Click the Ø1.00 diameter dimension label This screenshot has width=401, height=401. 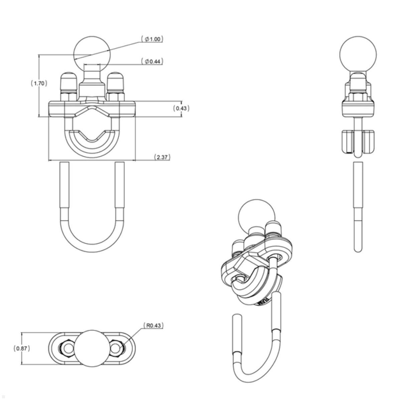pos(152,39)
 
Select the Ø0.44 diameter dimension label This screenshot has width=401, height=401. pos(152,61)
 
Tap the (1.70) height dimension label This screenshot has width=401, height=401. pos(39,83)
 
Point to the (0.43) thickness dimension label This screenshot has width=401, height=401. pos(181,108)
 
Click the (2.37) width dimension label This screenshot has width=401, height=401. pos(162,157)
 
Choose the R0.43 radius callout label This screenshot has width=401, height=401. pos(153,325)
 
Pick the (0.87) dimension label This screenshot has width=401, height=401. pos(22,348)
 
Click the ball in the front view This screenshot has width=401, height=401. pos(92,53)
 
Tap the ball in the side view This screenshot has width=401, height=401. pos(358,53)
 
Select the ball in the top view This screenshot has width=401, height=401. pos(92,349)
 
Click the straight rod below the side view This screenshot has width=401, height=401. pos(358,200)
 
